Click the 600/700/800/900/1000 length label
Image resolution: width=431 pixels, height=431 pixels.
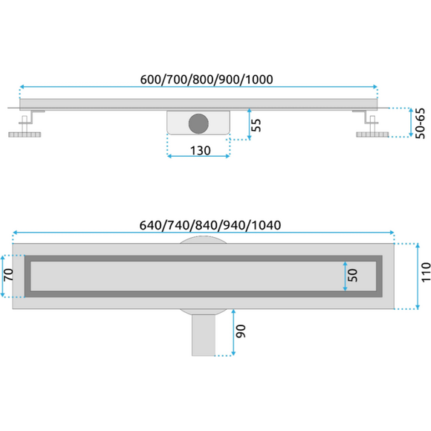pyautogui.click(x=207, y=80)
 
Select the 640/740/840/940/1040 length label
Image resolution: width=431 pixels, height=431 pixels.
pyautogui.click(x=210, y=225)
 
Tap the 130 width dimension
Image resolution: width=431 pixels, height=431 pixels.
pyautogui.click(x=201, y=151)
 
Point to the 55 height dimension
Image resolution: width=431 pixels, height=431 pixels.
pyautogui.click(x=256, y=125)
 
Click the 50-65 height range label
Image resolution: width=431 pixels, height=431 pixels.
pyautogui.click(x=420, y=123)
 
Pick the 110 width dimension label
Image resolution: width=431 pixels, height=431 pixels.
pyautogui.click(x=426, y=272)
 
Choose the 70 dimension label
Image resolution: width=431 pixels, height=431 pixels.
pyautogui.click(x=8, y=275)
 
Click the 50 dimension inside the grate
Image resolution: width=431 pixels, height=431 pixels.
pyautogui.click(x=353, y=276)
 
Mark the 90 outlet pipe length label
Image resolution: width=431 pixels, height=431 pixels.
pyautogui.click(x=241, y=331)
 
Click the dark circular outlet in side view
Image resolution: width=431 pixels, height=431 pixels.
pyautogui.click(x=198, y=123)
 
